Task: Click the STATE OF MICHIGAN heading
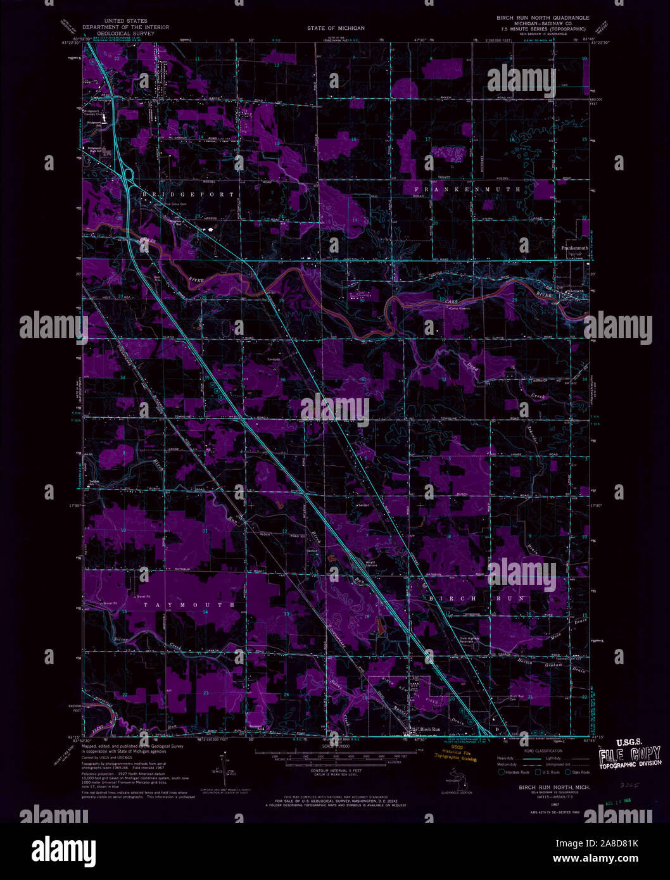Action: tap(336, 28)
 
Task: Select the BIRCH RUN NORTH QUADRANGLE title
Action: tap(542, 18)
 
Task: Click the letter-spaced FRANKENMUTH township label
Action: tap(467, 189)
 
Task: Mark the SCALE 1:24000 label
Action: tap(336, 746)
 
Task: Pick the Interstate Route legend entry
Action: tap(514, 772)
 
